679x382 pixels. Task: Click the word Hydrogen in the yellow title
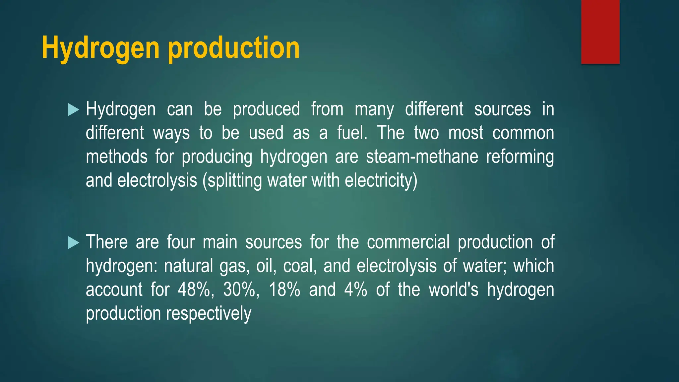coord(100,48)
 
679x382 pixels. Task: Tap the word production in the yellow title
coord(234,48)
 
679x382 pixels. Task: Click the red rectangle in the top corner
coord(600,32)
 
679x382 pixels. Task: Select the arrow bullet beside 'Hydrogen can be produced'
coord(73,110)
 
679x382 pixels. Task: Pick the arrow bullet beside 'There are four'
coord(73,243)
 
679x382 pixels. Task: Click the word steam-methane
coord(422,157)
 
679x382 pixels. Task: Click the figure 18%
coord(284,289)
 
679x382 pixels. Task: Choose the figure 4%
coord(355,289)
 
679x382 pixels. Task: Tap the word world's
coord(454,289)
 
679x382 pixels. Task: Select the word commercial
coord(408,242)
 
